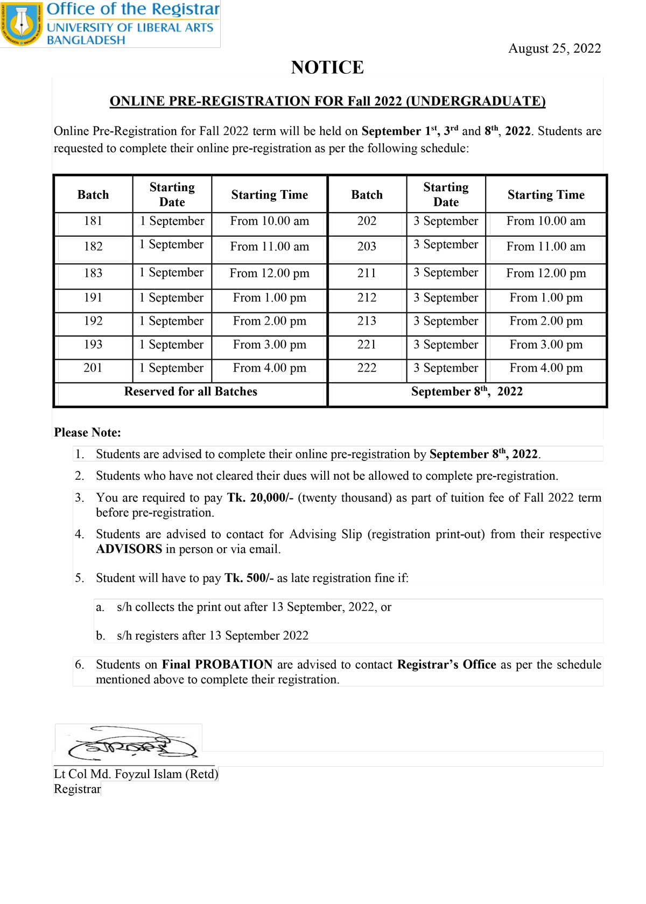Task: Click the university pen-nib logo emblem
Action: (x=22, y=24)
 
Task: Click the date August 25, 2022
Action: (x=554, y=48)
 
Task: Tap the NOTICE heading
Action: (x=327, y=67)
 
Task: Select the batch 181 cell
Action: (x=93, y=221)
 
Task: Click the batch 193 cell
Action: (x=93, y=345)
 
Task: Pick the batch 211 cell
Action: (x=367, y=273)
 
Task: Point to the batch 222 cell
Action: (x=367, y=368)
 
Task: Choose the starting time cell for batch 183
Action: (x=269, y=274)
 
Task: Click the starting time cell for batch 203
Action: (x=545, y=247)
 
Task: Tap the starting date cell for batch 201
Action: (x=172, y=368)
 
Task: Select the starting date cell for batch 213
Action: (x=445, y=321)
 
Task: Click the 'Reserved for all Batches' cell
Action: (x=191, y=392)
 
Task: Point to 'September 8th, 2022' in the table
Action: (x=466, y=392)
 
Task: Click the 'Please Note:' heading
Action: (x=87, y=433)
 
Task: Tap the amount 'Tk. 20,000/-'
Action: (x=260, y=498)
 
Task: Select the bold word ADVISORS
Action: (x=129, y=550)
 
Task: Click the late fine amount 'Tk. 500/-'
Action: (x=249, y=578)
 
